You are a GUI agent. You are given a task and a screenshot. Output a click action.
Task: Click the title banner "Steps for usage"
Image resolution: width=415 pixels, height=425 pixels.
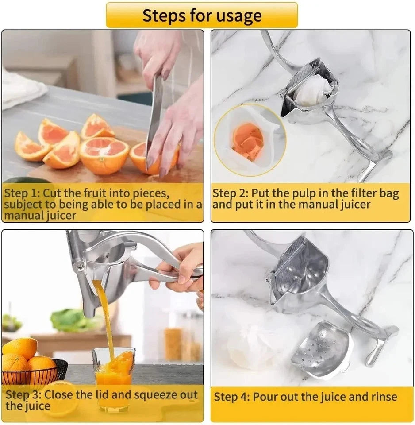point(202,15)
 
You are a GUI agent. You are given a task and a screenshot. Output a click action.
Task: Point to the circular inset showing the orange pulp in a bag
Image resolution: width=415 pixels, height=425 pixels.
point(250,140)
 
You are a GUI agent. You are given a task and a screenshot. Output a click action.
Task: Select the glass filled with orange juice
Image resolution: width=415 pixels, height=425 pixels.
point(113,376)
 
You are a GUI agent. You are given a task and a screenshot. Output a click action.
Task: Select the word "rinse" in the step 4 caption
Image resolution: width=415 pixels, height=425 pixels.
point(384,397)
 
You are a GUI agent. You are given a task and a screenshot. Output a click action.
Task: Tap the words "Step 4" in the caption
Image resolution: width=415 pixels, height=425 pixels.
point(231,397)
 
